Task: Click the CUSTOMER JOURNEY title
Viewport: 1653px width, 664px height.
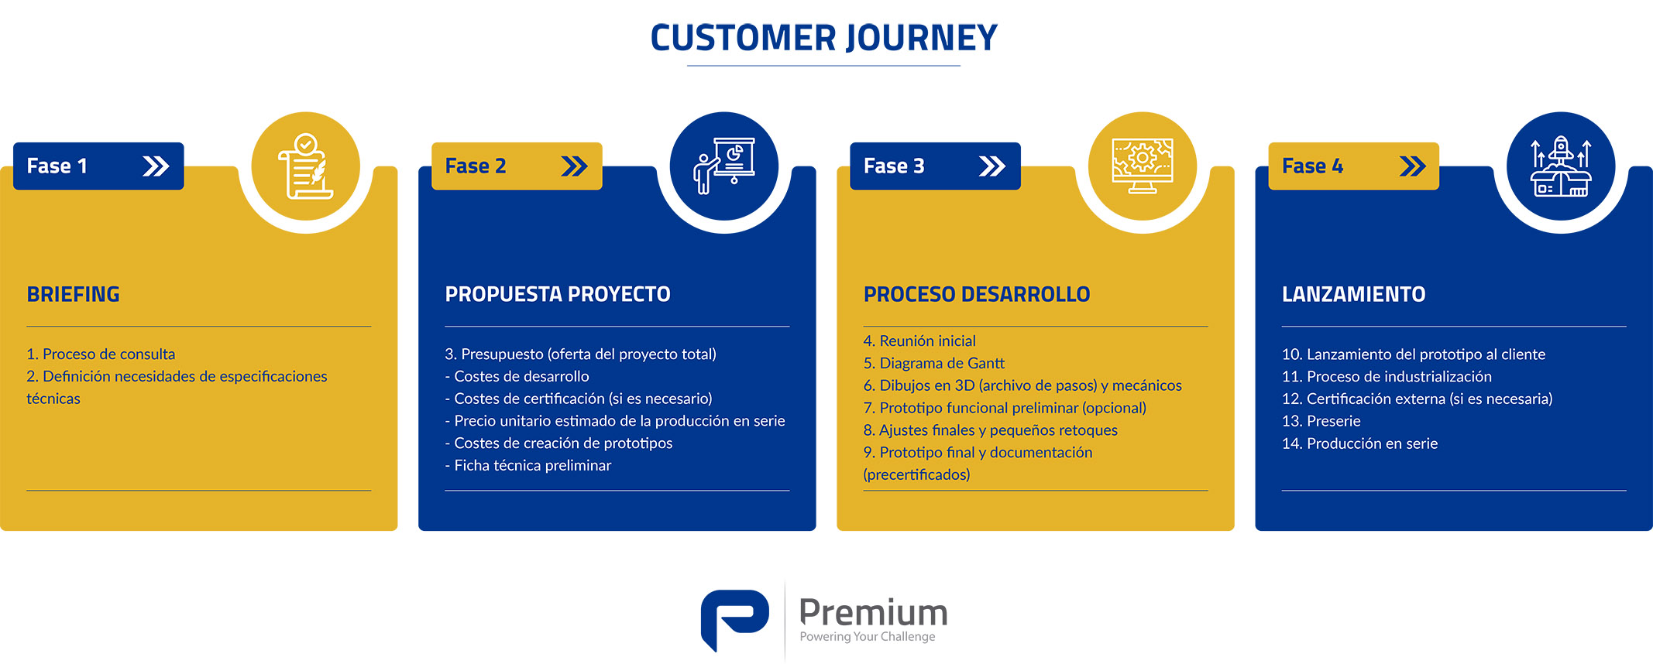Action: click(823, 38)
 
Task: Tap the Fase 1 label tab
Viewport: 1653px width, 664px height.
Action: click(98, 166)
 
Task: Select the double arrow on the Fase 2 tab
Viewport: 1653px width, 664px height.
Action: click(574, 166)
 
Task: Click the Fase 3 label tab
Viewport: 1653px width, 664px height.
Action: click(935, 166)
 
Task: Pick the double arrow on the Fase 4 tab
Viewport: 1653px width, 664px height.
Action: click(1412, 166)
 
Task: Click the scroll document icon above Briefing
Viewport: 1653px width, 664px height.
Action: click(306, 166)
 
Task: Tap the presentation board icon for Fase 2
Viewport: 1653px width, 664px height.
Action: click(724, 166)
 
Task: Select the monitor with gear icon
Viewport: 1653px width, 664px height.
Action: click(1143, 166)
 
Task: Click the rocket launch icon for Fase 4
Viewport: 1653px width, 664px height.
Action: click(1561, 166)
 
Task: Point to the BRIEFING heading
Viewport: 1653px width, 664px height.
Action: click(73, 294)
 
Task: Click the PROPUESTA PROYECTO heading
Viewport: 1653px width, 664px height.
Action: click(558, 294)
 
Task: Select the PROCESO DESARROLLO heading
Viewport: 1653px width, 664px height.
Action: click(977, 294)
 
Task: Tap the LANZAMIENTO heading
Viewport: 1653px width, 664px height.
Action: click(1353, 294)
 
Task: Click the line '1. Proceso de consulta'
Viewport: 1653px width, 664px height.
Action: click(101, 354)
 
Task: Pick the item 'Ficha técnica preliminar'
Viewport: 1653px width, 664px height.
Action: click(528, 465)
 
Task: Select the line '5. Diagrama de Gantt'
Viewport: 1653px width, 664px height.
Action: click(933, 363)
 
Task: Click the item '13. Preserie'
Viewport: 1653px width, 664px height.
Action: click(1321, 421)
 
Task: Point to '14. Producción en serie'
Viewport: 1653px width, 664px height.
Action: click(1359, 443)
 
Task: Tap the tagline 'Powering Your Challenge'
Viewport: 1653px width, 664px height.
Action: click(868, 636)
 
